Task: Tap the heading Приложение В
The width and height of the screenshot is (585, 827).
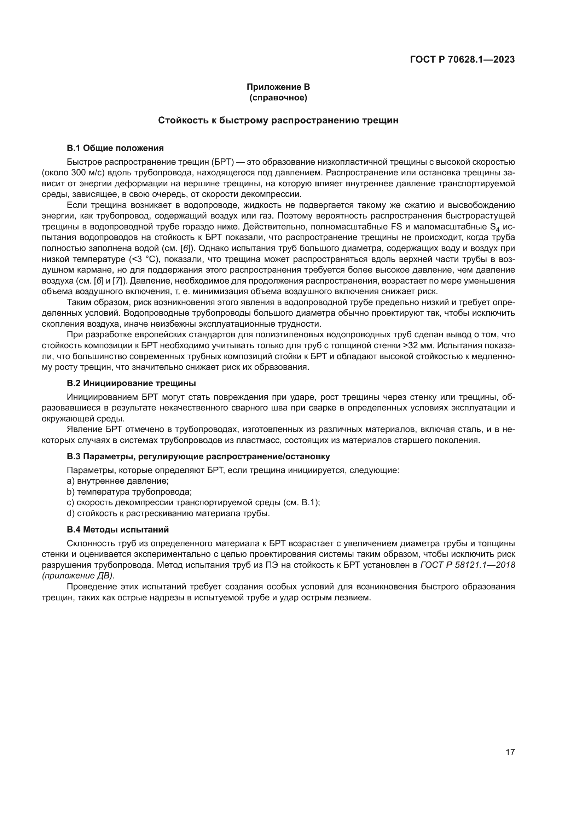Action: click(278, 87)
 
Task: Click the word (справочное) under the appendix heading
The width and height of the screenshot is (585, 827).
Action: click(278, 98)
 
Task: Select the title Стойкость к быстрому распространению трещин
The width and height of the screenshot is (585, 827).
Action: click(278, 120)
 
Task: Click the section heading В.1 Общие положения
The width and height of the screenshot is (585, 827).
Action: click(115, 148)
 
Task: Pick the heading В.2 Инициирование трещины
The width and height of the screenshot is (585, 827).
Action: click(132, 383)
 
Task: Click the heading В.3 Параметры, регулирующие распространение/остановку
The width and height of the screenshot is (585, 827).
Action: click(198, 456)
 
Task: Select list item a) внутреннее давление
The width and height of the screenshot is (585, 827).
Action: click(118, 481)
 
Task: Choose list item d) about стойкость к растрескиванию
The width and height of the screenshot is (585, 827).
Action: click(168, 513)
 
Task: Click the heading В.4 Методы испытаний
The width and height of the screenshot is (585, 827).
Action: click(118, 530)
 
